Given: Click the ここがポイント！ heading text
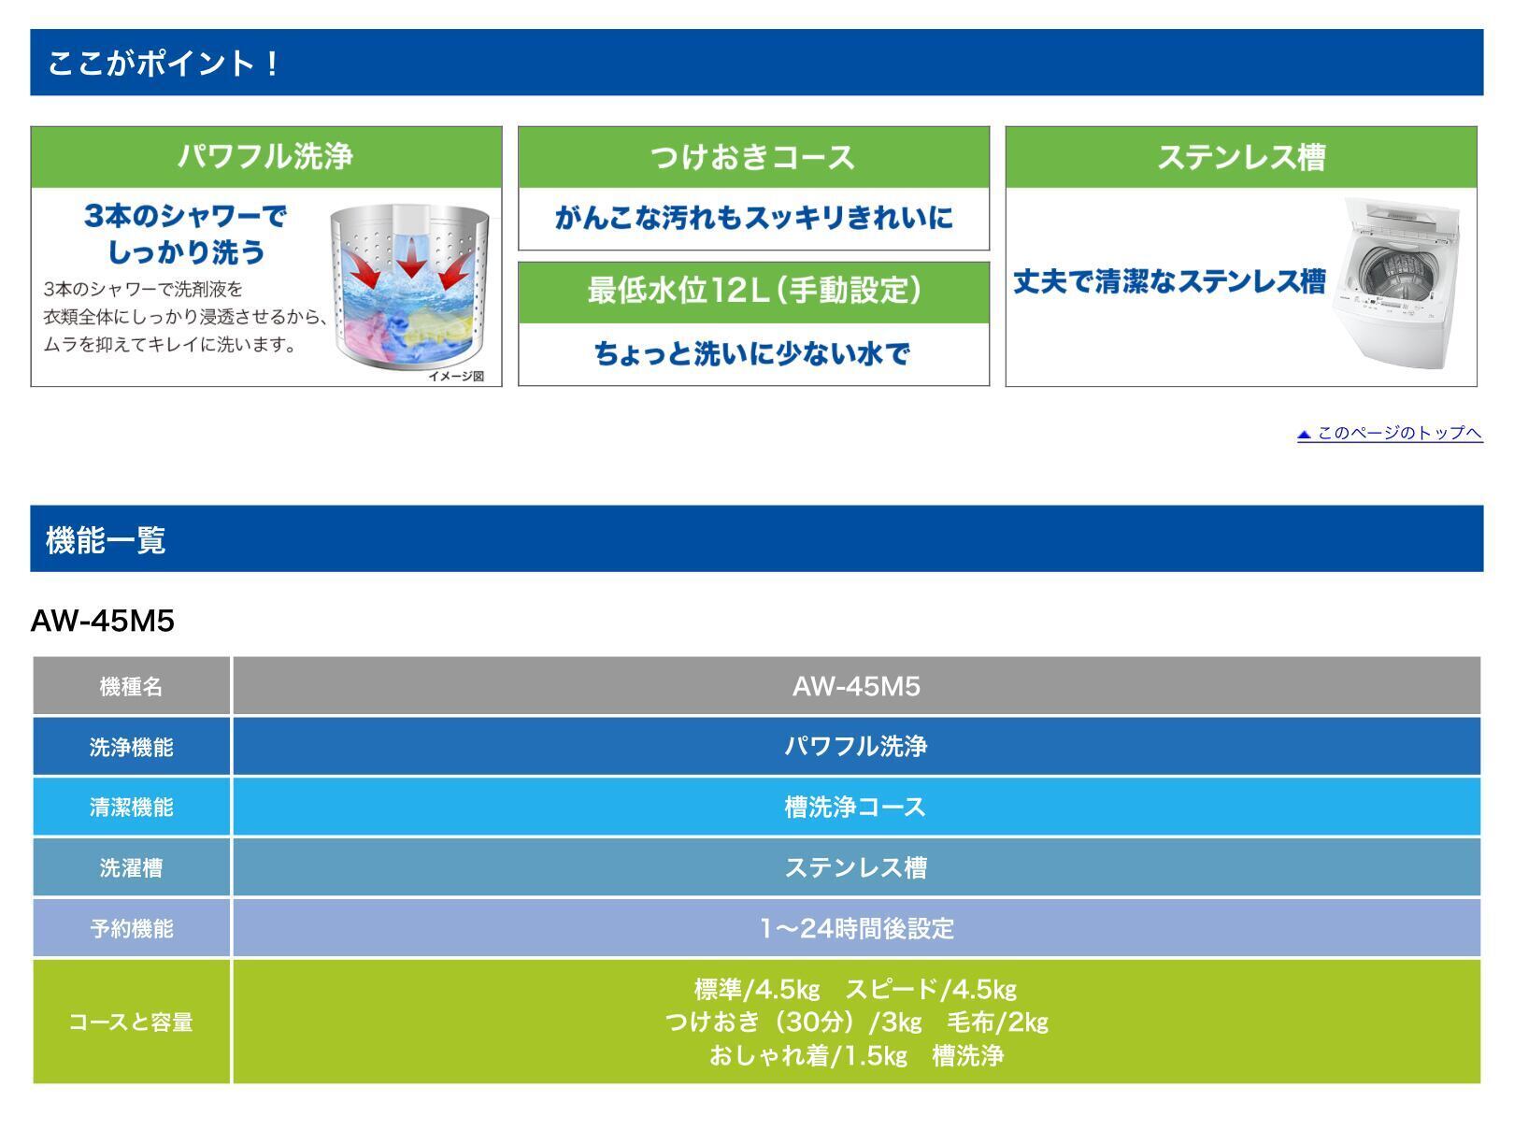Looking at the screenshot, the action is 163,64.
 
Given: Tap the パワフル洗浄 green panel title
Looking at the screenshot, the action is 265,156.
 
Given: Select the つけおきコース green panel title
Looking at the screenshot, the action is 753,157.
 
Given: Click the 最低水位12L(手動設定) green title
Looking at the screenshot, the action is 753,291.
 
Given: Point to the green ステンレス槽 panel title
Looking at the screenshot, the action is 1241,157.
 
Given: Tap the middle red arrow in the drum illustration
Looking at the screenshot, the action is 411,257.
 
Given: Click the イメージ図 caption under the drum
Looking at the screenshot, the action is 456,376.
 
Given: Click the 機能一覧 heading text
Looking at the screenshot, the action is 106,539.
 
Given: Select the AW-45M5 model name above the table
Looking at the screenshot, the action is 102,621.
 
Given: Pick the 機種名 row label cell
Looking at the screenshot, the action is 131,686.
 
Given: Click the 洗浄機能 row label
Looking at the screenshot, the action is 131,747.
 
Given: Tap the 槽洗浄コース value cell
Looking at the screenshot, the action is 856,807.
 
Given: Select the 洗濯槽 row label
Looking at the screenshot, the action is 131,868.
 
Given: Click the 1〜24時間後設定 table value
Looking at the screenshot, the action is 857,928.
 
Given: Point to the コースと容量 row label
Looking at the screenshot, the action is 131,1022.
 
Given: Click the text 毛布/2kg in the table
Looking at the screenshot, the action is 997,1023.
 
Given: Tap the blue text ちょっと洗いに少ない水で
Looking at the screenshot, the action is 752,354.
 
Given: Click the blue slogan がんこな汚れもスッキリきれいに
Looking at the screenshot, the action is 753,218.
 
